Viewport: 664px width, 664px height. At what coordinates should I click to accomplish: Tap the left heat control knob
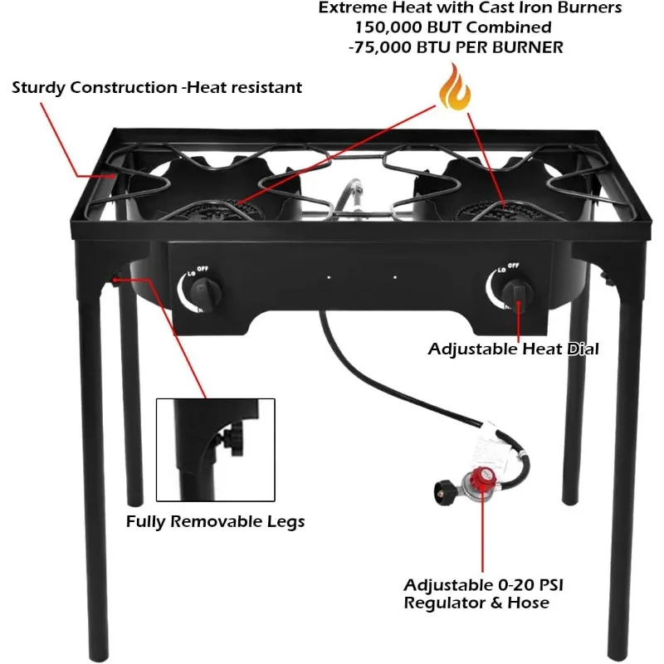tap(203, 292)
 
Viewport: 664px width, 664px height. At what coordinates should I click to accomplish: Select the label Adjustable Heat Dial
tap(513, 349)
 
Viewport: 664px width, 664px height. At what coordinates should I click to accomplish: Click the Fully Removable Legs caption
tap(215, 522)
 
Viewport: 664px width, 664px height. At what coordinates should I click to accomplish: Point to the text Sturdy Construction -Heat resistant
tap(157, 87)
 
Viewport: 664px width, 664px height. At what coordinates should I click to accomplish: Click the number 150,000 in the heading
tap(391, 28)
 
